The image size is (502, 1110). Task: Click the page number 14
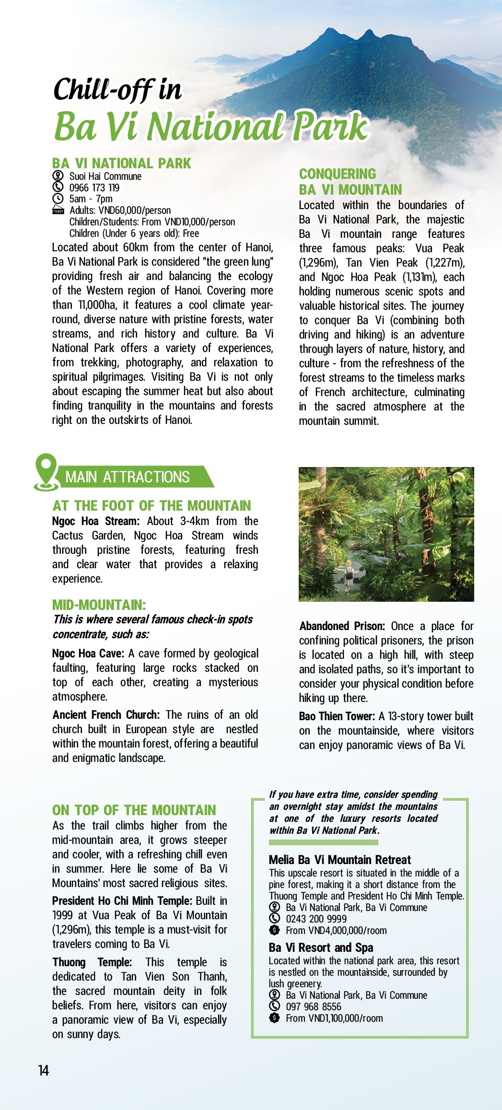click(x=44, y=1071)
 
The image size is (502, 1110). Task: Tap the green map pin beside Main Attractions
click(x=46, y=472)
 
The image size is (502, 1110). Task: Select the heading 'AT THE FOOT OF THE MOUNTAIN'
click(x=152, y=506)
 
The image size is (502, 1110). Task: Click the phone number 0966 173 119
click(x=94, y=187)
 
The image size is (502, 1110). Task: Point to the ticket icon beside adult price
click(x=58, y=210)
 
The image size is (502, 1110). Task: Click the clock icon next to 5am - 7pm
click(x=58, y=199)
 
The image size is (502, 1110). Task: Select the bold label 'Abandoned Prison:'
click(x=342, y=626)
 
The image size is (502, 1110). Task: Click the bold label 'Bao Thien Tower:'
click(x=337, y=716)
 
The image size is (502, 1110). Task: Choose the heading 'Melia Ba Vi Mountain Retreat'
click(x=340, y=860)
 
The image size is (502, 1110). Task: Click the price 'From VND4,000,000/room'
click(x=336, y=931)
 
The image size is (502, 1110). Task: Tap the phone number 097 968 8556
click(x=314, y=1006)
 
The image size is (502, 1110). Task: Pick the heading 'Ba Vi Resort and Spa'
click(x=321, y=947)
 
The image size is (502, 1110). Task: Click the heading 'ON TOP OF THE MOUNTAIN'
click(x=134, y=810)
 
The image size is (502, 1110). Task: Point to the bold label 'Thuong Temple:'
click(x=92, y=962)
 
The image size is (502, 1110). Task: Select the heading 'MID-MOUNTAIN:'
click(x=99, y=605)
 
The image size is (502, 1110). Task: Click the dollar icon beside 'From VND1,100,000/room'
click(x=274, y=1018)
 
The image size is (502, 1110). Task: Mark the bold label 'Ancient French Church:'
click(x=106, y=715)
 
